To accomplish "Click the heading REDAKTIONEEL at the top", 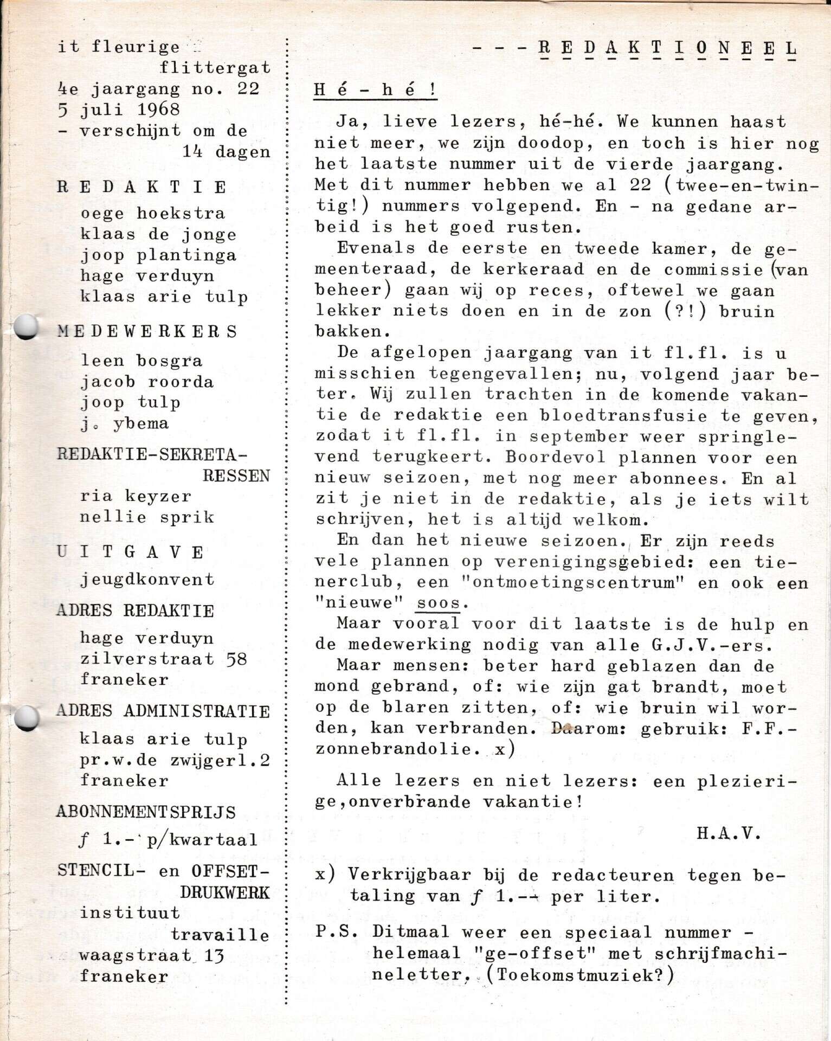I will (x=667, y=49).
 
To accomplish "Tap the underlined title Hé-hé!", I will (x=375, y=90).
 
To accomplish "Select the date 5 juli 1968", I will (x=119, y=110).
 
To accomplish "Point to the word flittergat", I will (x=215, y=68).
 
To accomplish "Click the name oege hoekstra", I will (x=152, y=214).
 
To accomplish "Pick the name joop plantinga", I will (x=158, y=255).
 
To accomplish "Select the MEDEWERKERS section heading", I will (x=147, y=332).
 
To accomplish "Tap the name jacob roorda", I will (x=147, y=382).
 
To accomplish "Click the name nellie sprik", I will (x=147, y=517).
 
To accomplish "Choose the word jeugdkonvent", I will (x=147, y=580).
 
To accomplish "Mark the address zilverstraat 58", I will (x=163, y=659).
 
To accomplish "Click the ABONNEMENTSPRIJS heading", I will (x=146, y=812).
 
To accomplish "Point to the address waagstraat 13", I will (x=151, y=956).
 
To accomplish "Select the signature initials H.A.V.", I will (x=729, y=833).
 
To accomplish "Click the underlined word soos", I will (x=438, y=603).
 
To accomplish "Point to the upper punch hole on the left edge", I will (x=25, y=327).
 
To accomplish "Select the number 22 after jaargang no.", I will (x=248, y=88).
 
